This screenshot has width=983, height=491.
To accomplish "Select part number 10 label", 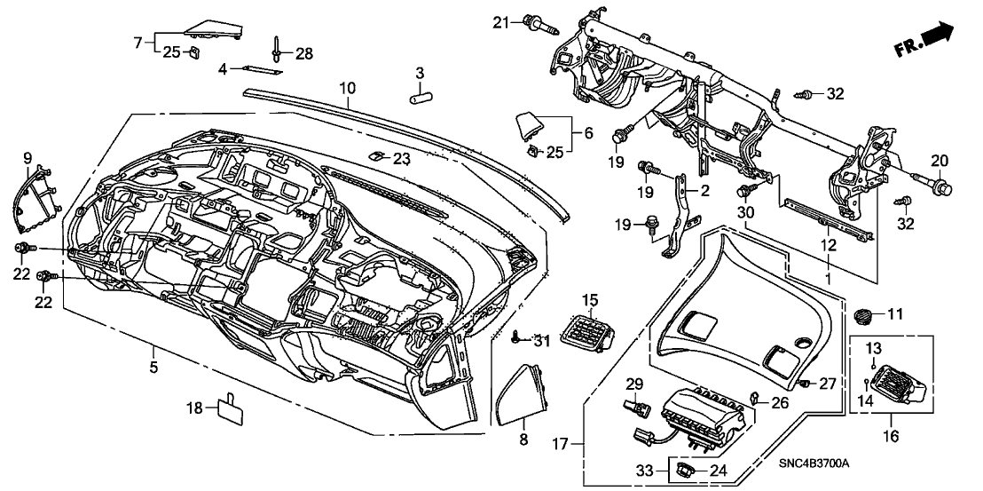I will pyautogui.click(x=346, y=88).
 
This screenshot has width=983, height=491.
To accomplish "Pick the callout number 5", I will pyautogui.click(x=153, y=366).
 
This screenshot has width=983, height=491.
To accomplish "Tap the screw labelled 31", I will pyautogui.click(x=517, y=337).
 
